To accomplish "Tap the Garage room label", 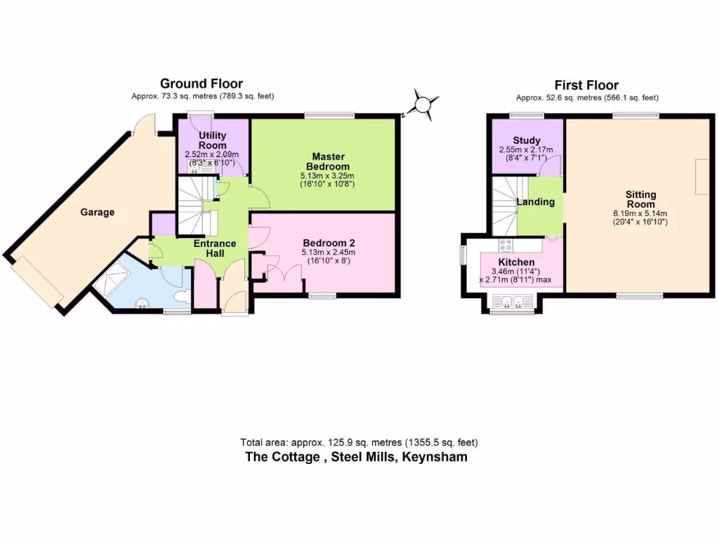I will click(x=97, y=212).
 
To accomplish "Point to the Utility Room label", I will click(x=212, y=140).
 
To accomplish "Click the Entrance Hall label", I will click(x=216, y=248).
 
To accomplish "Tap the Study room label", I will click(x=526, y=140).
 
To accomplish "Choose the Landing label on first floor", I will click(x=536, y=202).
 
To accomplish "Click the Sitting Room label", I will click(x=640, y=199).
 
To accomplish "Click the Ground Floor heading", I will click(x=202, y=84).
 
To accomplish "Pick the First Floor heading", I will click(x=587, y=84).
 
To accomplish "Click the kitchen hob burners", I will click(x=506, y=245).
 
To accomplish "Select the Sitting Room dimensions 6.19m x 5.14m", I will click(x=641, y=213).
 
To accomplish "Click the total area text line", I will click(x=359, y=442).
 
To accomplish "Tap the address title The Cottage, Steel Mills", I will click(x=356, y=457).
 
